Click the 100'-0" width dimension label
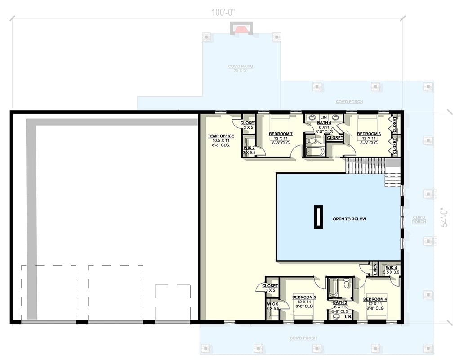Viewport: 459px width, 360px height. point(223,13)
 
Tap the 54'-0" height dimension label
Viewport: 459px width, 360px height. point(444,217)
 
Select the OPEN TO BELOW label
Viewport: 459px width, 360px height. point(349,219)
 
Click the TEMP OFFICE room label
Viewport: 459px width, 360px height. point(220,136)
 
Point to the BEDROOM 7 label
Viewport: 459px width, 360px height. point(281,134)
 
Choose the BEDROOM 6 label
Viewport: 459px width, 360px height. point(369,134)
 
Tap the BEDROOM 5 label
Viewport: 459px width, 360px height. point(304,297)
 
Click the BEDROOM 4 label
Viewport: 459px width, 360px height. point(375,299)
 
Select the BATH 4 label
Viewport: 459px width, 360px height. point(324,123)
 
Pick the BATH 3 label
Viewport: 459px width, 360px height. point(340,302)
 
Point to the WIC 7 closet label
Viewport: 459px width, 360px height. point(249,148)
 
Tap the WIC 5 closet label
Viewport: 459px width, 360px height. point(273,304)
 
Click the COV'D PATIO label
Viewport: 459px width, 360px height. point(240,67)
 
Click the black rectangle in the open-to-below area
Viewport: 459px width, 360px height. point(318,217)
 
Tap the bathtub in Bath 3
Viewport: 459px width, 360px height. point(333,288)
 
